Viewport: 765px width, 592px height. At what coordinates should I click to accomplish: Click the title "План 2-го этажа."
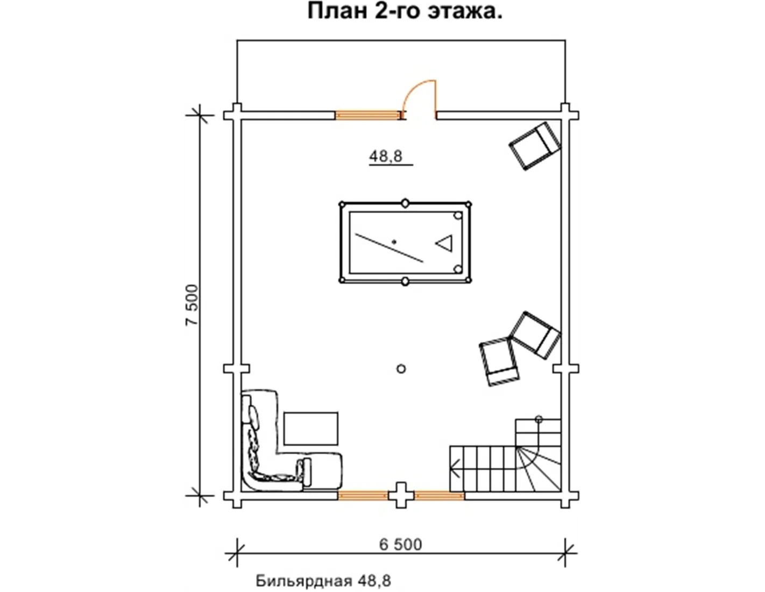pyautogui.click(x=405, y=12)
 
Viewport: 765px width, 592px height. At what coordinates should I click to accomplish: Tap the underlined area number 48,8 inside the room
pyautogui.click(x=386, y=156)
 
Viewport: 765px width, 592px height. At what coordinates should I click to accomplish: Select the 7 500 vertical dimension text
pyautogui.click(x=192, y=305)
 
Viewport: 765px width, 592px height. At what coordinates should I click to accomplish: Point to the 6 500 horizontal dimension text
pyautogui.click(x=400, y=545)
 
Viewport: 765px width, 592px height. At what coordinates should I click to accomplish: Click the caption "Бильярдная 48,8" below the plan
pyautogui.click(x=323, y=581)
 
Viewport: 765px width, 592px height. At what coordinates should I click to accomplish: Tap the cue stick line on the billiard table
pyautogui.click(x=389, y=248)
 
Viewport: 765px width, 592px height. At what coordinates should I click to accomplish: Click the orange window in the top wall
pyautogui.click(x=367, y=115)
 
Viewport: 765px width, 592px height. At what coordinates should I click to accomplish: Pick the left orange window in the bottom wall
pyautogui.click(x=363, y=496)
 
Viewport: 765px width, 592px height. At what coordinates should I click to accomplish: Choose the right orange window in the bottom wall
pyautogui.click(x=439, y=496)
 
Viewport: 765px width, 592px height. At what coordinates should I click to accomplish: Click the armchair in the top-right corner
pyautogui.click(x=535, y=146)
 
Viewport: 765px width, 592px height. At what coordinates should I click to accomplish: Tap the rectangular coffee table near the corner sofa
pyautogui.click(x=311, y=428)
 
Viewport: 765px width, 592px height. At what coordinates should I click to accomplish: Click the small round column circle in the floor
pyautogui.click(x=401, y=369)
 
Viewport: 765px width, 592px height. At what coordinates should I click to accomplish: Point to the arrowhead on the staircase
pyautogui.click(x=455, y=469)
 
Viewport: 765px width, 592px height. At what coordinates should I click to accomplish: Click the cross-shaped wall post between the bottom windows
pyautogui.click(x=401, y=496)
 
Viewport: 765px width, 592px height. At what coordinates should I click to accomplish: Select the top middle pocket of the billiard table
pyautogui.click(x=405, y=203)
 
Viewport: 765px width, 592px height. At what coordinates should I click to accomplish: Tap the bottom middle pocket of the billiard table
pyautogui.click(x=405, y=281)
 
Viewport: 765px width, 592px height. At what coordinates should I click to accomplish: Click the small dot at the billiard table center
pyautogui.click(x=394, y=242)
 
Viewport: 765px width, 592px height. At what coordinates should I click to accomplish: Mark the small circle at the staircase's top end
pyautogui.click(x=539, y=419)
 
